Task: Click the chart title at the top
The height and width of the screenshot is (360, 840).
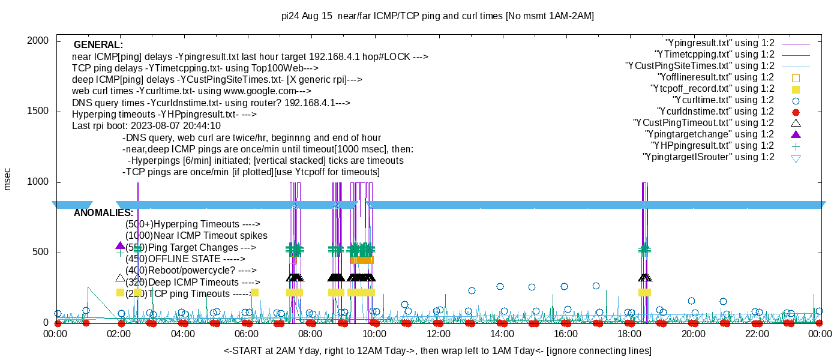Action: click(x=437, y=16)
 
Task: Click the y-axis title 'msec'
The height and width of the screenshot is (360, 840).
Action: click(x=7, y=179)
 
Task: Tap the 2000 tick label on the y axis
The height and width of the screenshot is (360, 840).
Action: click(x=38, y=41)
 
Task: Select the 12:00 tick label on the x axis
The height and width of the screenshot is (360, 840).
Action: click(x=438, y=334)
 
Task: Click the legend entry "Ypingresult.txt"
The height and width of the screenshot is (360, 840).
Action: click(x=719, y=43)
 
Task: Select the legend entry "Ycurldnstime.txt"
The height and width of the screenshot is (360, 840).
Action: click(x=716, y=112)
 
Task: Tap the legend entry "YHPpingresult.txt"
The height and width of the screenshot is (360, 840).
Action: click(x=713, y=146)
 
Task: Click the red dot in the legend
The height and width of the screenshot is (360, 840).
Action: click(x=796, y=112)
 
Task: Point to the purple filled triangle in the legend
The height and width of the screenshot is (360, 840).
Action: click(x=796, y=134)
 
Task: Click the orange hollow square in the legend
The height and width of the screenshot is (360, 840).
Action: click(x=796, y=78)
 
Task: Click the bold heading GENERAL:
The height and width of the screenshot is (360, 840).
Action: click(x=98, y=45)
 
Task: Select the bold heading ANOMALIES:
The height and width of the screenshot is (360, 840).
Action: click(x=103, y=213)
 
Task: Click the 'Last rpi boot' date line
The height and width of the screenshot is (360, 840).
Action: click(x=146, y=126)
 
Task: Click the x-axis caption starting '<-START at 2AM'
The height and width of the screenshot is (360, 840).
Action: click(x=437, y=350)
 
